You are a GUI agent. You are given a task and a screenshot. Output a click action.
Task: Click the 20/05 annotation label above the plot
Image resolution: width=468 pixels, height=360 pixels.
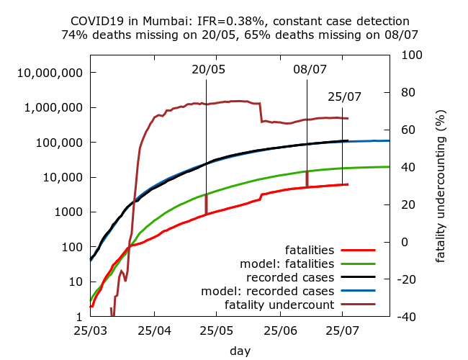tap(208, 69)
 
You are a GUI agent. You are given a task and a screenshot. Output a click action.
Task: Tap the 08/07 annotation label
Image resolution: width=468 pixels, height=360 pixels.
tap(310, 69)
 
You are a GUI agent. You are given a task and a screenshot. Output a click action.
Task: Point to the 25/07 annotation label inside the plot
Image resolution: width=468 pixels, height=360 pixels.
tap(344, 96)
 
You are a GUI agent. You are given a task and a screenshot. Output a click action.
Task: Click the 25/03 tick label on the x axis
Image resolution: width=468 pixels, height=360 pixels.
tap(90, 332)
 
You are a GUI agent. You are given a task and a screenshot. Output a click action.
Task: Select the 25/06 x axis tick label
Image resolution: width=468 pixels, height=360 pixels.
tap(280, 332)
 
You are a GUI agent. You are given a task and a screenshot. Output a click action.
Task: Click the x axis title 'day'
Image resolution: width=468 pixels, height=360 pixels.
tap(240, 351)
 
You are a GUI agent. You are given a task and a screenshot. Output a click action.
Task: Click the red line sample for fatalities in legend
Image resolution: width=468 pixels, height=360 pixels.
tap(363, 251)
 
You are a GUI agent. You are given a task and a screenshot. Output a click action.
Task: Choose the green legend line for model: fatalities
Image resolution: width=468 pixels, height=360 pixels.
tap(363, 264)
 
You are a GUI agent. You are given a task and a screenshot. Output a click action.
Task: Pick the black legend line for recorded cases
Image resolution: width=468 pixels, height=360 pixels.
tap(363, 278)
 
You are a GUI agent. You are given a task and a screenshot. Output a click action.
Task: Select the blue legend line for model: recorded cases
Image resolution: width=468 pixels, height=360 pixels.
tap(363, 292)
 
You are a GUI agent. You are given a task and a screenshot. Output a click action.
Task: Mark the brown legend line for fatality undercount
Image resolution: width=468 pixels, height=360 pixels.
tap(363, 305)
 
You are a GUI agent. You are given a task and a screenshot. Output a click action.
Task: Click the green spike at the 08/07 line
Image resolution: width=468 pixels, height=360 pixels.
tap(307, 178)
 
